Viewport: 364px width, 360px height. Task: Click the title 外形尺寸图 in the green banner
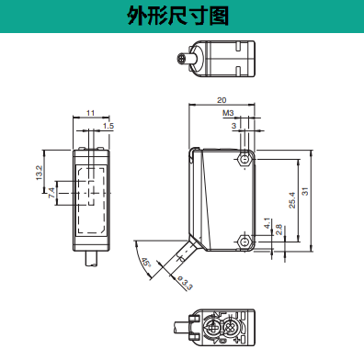tap(178, 16)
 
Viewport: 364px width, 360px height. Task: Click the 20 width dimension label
tap(222, 100)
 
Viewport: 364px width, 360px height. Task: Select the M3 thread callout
tap(228, 113)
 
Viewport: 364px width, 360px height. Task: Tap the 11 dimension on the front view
tap(90, 113)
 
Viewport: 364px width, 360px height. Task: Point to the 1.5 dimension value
tap(108, 126)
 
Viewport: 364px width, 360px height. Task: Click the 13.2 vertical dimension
tap(40, 173)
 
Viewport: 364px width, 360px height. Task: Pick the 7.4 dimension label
tap(51, 193)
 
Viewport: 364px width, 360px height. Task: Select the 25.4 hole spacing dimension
tap(292, 200)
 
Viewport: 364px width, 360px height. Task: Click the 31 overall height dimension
tap(305, 191)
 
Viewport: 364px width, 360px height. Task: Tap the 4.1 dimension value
tap(267, 223)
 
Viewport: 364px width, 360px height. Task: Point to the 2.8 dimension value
tap(279, 230)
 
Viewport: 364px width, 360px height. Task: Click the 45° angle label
tap(146, 263)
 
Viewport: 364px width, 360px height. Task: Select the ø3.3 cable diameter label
tap(185, 283)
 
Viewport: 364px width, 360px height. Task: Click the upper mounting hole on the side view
tap(245, 160)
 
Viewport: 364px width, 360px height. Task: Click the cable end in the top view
tap(181, 58)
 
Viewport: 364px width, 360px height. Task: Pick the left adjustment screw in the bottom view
tap(212, 327)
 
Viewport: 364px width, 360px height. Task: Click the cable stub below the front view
tap(91, 259)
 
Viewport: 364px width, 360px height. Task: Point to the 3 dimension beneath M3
tap(234, 126)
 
